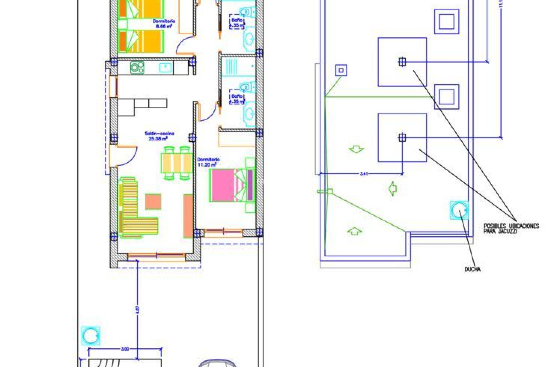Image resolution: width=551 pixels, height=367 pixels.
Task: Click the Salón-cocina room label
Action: [159, 136]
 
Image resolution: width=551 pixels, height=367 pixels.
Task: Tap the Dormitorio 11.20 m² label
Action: [208, 162]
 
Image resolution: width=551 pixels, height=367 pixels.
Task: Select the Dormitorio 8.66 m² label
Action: [164, 24]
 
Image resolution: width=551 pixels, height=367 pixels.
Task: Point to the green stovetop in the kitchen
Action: [137, 68]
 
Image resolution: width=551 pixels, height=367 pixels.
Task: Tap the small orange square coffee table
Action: [153, 202]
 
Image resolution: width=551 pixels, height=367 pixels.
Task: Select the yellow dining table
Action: [176, 163]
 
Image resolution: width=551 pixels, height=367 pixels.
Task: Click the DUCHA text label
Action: [472, 269]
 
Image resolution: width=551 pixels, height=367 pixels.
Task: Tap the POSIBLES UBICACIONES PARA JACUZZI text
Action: [511, 228]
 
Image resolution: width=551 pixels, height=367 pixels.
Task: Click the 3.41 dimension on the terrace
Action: [364, 173]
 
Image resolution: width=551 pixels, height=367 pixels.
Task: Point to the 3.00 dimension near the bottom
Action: [125, 349]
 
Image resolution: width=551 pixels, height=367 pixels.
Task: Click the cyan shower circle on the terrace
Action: [459, 210]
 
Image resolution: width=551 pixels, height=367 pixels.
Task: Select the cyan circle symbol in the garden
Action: [91, 336]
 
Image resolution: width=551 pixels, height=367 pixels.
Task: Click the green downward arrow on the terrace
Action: [356, 149]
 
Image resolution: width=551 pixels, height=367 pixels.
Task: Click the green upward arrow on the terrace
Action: [355, 231]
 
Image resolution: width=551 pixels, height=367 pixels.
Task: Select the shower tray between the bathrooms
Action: [237, 66]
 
